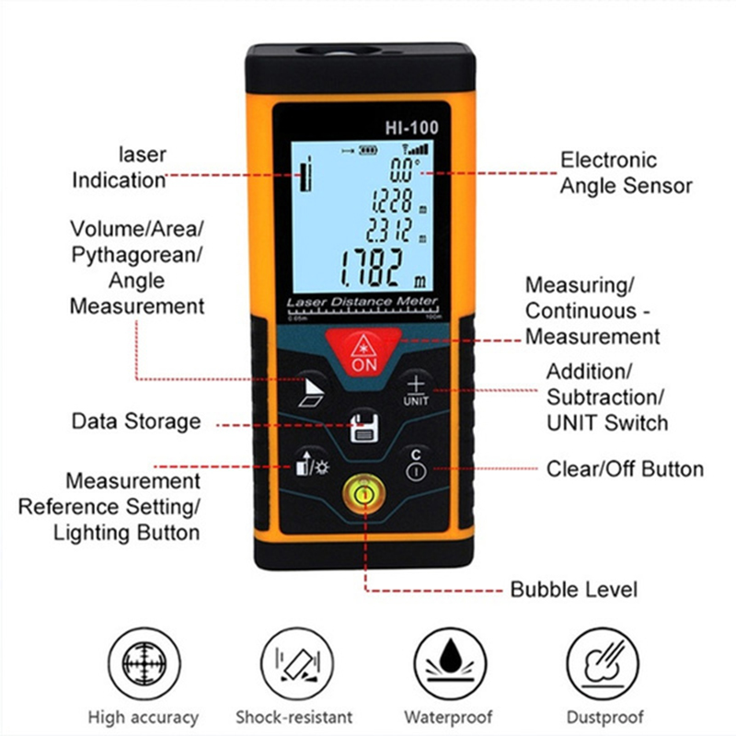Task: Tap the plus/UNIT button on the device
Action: tap(416, 390)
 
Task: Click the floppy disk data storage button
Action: tap(364, 427)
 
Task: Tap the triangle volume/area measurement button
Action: tap(312, 392)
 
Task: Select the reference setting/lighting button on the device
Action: tap(311, 465)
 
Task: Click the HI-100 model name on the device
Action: tap(411, 128)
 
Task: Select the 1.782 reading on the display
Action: tap(372, 268)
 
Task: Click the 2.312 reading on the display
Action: tap(389, 230)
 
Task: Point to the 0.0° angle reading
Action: tap(404, 169)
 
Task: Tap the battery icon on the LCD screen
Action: tap(368, 150)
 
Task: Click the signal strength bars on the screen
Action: tap(416, 150)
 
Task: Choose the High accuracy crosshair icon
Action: tap(144, 663)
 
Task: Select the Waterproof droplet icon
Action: tap(450, 663)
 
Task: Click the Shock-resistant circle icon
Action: tap(297, 663)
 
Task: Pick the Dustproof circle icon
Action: tap(603, 663)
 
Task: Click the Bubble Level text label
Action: tap(573, 590)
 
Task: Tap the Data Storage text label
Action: tap(136, 421)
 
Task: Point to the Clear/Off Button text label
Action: tap(626, 469)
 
